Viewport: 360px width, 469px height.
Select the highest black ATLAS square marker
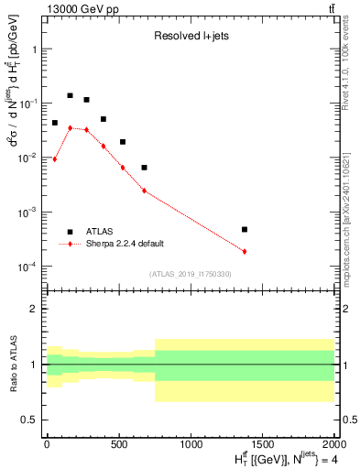point(70,95)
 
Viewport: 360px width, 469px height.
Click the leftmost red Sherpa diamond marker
point(55,159)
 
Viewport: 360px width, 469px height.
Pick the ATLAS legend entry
point(101,232)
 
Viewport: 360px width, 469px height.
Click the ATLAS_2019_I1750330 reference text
point(190,274)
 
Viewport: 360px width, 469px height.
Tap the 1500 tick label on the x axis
point(262,443)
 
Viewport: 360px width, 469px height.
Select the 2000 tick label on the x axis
point(333,443)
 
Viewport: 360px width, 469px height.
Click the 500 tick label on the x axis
point(118,443)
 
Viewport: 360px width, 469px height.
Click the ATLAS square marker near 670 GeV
point(144,168)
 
